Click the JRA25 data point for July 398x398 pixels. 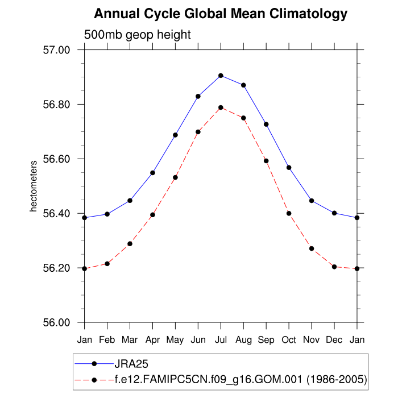click(221, 76)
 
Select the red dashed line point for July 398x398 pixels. click(221, 107)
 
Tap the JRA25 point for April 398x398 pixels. click(152, 173)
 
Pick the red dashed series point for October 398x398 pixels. click(289, 213)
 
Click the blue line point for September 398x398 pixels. click(266, 125)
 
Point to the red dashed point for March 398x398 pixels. click(130, 244)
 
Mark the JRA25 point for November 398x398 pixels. click(312, 201)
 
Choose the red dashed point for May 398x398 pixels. click(175, 177)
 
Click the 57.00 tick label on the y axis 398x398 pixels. click(56, 50)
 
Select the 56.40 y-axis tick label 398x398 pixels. click(56, 214)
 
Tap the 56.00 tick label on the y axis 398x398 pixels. click(56, 323)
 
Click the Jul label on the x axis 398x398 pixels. click(221, 339)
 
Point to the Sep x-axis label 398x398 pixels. click(266, 339)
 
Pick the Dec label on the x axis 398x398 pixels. click(334, 339)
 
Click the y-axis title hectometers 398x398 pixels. click(34, 186)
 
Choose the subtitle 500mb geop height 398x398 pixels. click(138, 35)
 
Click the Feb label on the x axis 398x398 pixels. click(107, 339)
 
